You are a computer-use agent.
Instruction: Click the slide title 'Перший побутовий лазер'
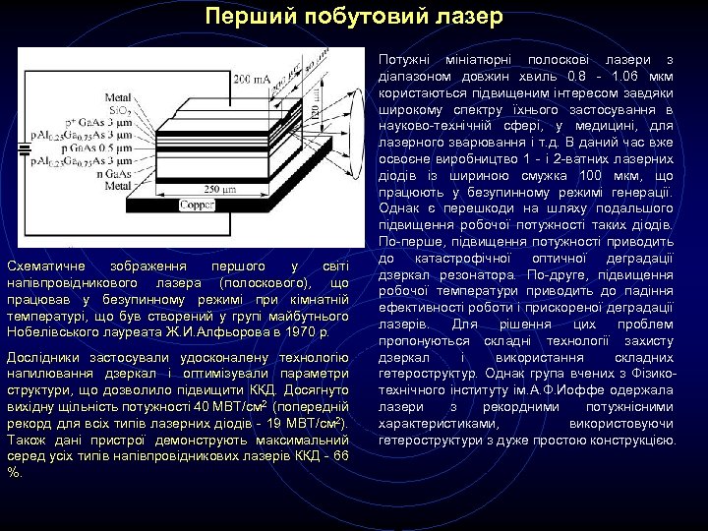[354, 17]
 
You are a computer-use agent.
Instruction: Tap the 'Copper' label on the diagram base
[196, 206]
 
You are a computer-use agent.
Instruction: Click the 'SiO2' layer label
[120, 110]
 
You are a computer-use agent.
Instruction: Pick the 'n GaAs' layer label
[119, 173]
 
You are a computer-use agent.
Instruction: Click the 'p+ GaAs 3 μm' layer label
[98, 122]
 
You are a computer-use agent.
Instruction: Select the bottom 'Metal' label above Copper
[119, 185]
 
